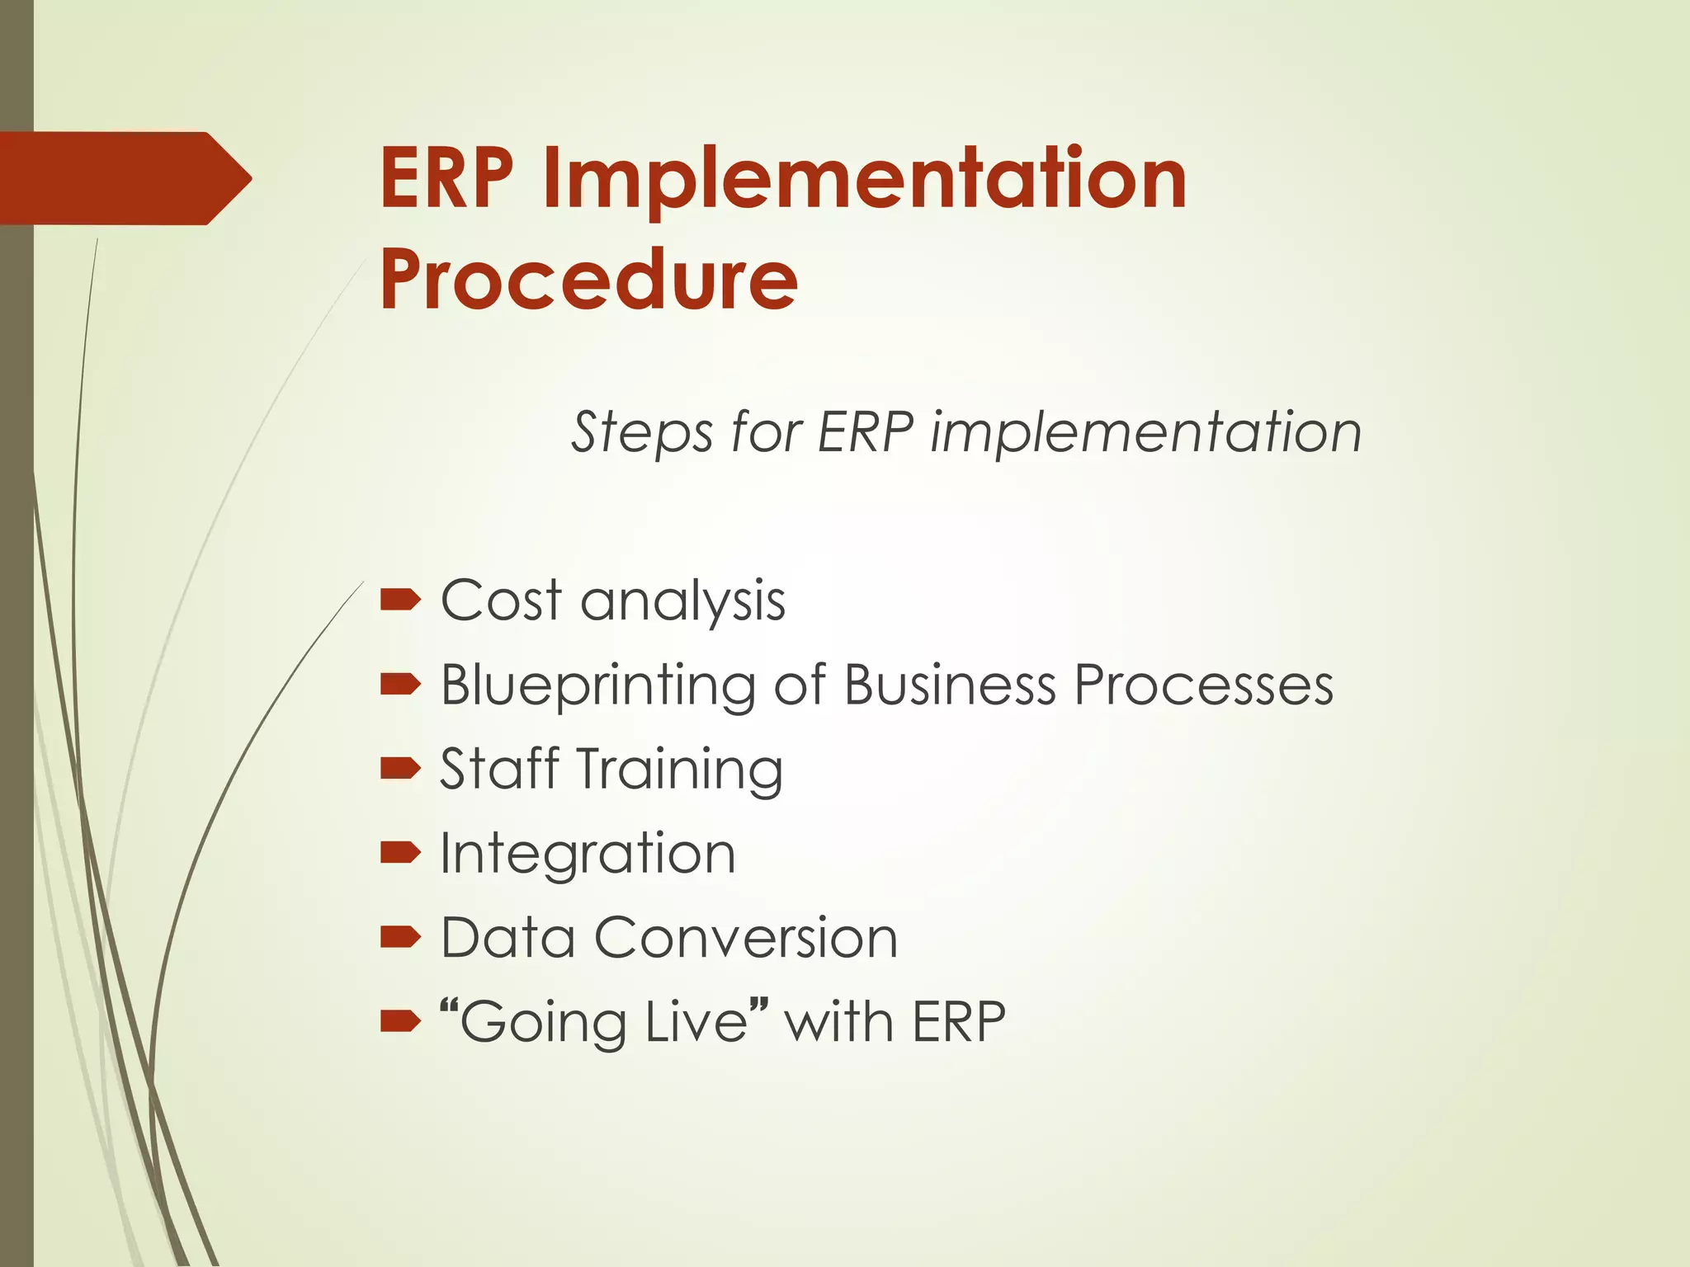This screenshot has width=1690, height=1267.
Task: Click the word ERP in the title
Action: point(447,179)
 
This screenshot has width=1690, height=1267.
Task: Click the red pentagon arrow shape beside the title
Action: point(124,178)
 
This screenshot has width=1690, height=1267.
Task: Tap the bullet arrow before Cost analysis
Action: point(401,600)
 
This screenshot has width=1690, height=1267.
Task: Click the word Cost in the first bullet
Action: point(501,600)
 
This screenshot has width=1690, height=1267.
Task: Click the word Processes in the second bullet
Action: point(1203,685)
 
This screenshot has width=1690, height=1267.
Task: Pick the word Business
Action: point(949,685)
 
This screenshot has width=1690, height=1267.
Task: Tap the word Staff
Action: point(499,769)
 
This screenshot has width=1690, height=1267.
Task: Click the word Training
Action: point(679,770)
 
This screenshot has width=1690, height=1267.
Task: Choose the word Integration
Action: point(588,854)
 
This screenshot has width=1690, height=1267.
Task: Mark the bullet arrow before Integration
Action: point(401,853)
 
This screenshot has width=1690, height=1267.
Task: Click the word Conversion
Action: point(746,938)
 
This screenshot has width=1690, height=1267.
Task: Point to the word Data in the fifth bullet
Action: point(507,938)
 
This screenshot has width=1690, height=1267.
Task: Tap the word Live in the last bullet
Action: point(696,1022)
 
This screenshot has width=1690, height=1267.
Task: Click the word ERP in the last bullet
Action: point(959,1022)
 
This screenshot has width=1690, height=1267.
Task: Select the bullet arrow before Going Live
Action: point(401,1022)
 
